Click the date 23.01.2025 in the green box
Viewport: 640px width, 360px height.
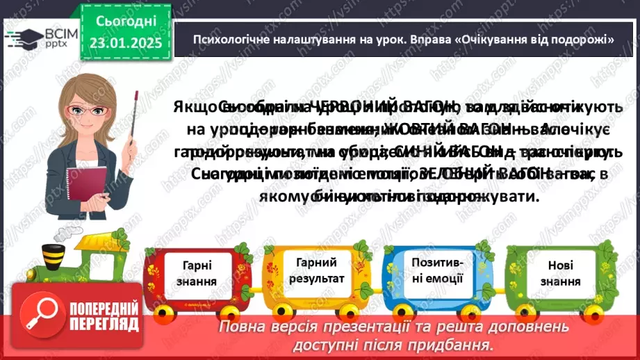pyautogui.click(x=126, y=44)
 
